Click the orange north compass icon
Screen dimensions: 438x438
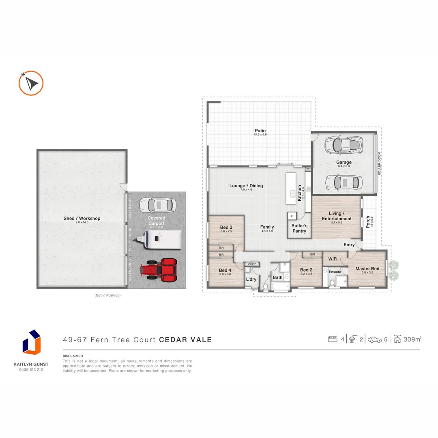click(31, 83)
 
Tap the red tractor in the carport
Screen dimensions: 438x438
click(159, 270)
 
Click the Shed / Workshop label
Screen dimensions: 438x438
click(82, 219)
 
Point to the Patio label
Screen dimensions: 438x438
click(260, 131)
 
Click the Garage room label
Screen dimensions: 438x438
click(344, 162)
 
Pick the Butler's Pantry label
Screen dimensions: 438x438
click(299, 228)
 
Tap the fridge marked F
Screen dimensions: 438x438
click(292, 216)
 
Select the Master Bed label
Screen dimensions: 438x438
click(367, 268)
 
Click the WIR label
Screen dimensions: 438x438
click(332, 258)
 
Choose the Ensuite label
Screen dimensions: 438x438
click(335, 272)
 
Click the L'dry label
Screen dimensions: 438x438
click(251, 279)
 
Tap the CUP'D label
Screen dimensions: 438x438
click(252, 264)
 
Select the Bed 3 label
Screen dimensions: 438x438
click(226, 227)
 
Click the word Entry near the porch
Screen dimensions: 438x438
click(349, 245)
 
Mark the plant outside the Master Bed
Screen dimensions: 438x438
click(393, 270)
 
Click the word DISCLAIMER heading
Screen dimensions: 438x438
click(73, 356)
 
